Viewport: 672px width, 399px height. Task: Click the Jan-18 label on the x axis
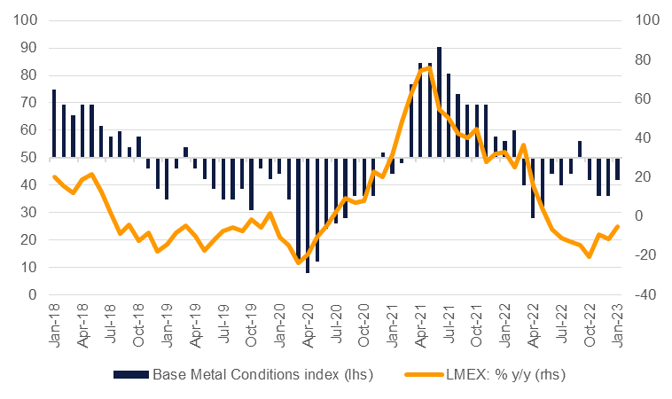tap(54, 319)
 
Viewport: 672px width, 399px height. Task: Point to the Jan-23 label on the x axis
tap(618, 319)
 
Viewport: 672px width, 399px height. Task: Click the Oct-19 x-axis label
tap(252, 319)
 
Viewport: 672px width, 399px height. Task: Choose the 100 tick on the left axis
tap(27, 20)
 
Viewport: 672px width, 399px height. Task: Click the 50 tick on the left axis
tap(30, 157)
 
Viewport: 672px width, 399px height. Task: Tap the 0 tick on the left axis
tap(34, 294)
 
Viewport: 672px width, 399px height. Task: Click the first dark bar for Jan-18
tap(54, 123)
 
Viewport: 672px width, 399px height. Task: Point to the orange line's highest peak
tap(429, 67)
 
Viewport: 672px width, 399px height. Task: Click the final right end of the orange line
tap(617, 226)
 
